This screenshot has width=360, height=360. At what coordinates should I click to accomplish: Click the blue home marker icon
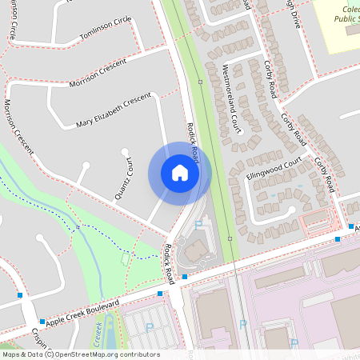point(179,173)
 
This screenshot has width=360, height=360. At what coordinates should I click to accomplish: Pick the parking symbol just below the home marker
point(198,226)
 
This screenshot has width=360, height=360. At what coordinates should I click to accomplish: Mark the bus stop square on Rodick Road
point(185,277)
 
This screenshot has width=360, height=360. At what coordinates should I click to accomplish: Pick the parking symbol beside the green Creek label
point(150,326)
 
